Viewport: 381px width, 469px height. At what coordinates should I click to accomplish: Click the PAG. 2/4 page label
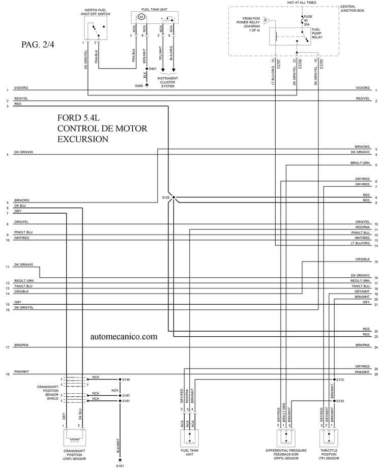tap(38, 44)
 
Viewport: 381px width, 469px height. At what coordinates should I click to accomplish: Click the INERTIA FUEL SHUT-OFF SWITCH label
tap(97, 12)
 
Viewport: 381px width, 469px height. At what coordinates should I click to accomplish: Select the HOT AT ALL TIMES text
tap(302, 3)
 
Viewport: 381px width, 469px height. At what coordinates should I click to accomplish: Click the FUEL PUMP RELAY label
tap(317, 34)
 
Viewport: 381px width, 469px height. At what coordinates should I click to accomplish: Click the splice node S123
tap(173, 197)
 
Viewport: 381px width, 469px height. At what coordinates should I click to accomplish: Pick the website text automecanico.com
tap(124, 336)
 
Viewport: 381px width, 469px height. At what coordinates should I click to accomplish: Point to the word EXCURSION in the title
tap(83, 139)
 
